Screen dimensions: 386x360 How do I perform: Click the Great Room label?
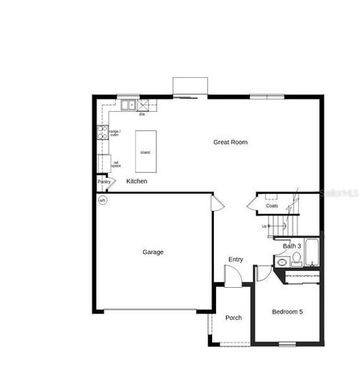(x=230, y=142)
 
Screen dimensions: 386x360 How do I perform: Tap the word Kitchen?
(x=137, y=182)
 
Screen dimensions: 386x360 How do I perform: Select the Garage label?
(x=153, y=252)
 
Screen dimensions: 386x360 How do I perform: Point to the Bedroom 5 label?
(x=287, y=311)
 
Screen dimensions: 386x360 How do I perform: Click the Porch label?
(x=233, y=318)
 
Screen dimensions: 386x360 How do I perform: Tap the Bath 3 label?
(x=292, y=245)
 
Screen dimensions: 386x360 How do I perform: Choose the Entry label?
(x=235, y=259)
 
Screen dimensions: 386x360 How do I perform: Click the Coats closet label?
(x=272, y=206)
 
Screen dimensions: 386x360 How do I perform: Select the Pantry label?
(x=104, y=182)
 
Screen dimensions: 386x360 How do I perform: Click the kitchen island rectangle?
(x=145, y=153)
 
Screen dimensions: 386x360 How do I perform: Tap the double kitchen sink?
(x=127, y=105)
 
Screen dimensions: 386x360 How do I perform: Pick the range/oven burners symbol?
(x=102, y=133)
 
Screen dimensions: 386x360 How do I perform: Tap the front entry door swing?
(x=231, y=277)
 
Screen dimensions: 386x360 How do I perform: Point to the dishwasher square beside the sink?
(x=144, y=105)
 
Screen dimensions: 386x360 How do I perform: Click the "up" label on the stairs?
(x=264, y=226)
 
